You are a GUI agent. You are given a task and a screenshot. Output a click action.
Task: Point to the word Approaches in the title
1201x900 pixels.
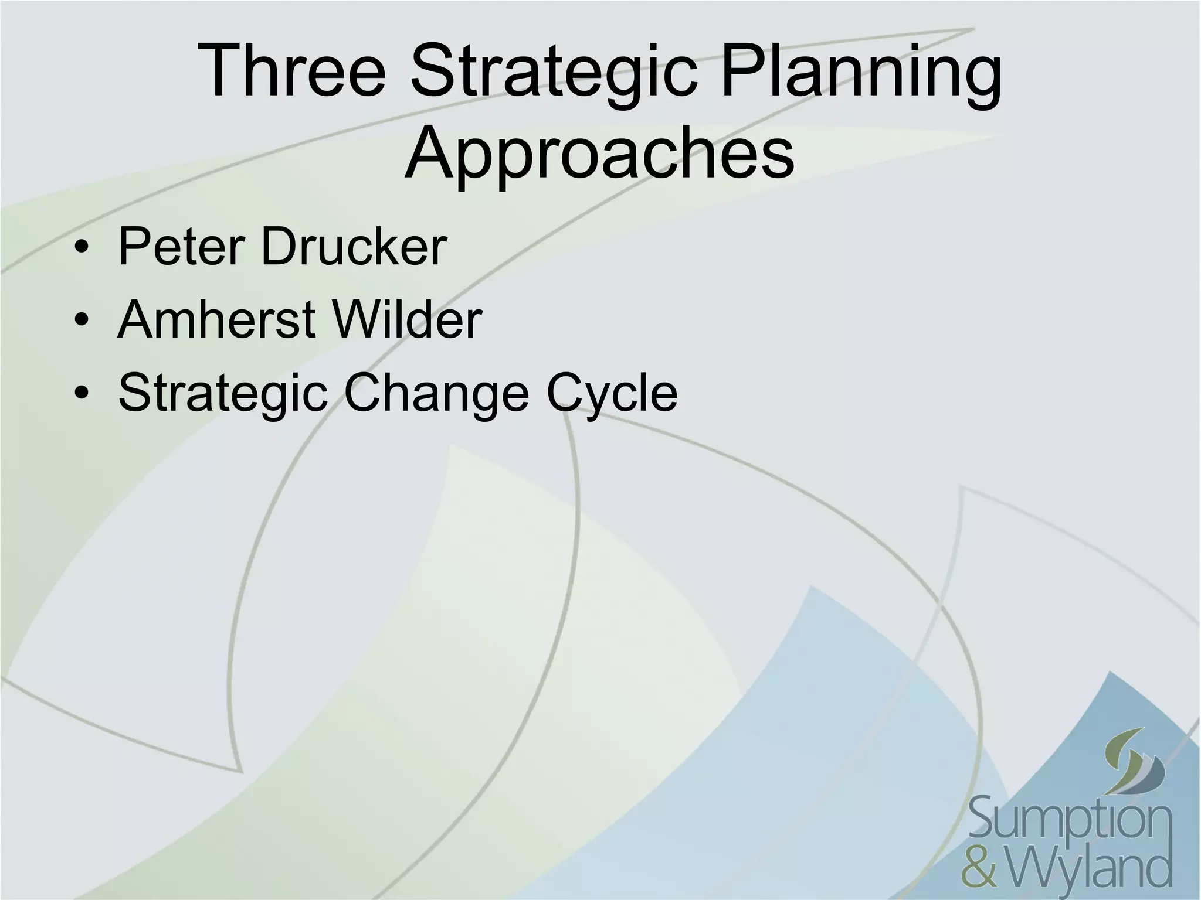(599, 154)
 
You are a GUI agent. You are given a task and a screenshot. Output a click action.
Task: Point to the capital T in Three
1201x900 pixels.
(222, 71)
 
